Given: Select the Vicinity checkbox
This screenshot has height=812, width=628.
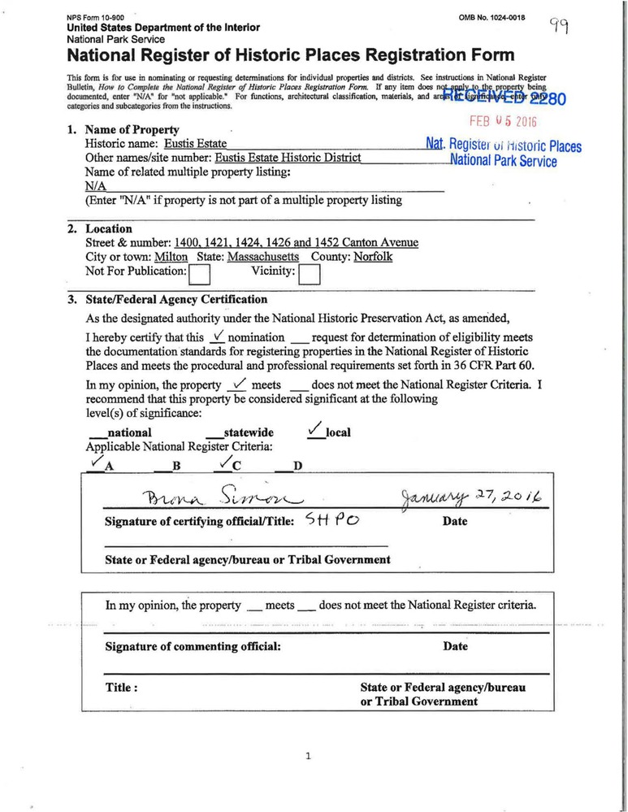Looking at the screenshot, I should [x=310, y=276].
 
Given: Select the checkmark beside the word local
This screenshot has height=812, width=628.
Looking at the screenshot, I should [x=315, y=431].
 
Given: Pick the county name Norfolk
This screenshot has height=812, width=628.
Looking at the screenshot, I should [x=373, y=257].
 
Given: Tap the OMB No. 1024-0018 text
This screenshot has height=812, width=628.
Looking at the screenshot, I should [x=493, y=17].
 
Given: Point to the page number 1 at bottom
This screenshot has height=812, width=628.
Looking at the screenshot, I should [x=308, y=757].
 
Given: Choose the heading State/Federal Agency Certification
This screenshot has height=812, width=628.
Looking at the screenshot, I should [x=175, y=299].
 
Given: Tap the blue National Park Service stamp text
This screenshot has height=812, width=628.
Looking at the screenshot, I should [x=505, y=161].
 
